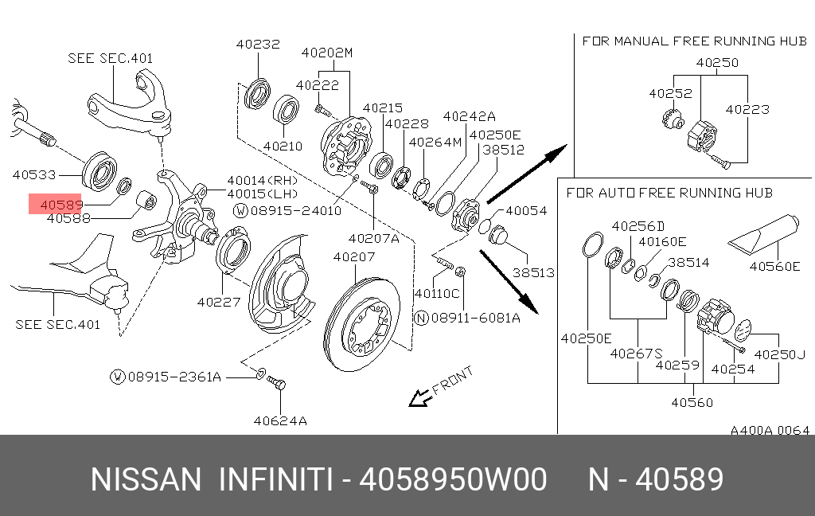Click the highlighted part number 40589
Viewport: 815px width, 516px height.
tap(57, 205)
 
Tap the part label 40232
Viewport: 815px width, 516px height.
tap(257, 45)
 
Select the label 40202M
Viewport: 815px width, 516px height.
tap(326, 53)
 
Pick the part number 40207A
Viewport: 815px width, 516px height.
tap(370, 238)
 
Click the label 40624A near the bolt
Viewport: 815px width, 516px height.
tap(279, 420)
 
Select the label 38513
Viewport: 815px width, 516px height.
tap(532, 272)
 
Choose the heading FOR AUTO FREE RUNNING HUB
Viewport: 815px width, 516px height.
tap(669, 193)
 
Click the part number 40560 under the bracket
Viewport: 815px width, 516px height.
tap(692, 402)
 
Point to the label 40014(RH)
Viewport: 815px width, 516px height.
tap(262, 181)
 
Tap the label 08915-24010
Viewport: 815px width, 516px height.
tap(296, 211)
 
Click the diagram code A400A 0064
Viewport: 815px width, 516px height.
tap(770, 431)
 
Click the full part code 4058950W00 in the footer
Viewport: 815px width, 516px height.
tap(453, 480)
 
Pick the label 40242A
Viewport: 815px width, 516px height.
tap(469, 116)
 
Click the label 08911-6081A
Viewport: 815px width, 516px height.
tap(475, 318)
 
